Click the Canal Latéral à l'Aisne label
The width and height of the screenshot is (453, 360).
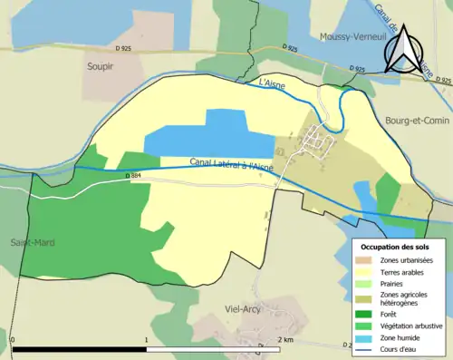coord(231,164)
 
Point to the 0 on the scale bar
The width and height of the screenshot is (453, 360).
coord(13,340)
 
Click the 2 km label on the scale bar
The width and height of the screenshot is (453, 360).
coord(287,340)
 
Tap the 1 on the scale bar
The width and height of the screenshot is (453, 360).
coord(147,340)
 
